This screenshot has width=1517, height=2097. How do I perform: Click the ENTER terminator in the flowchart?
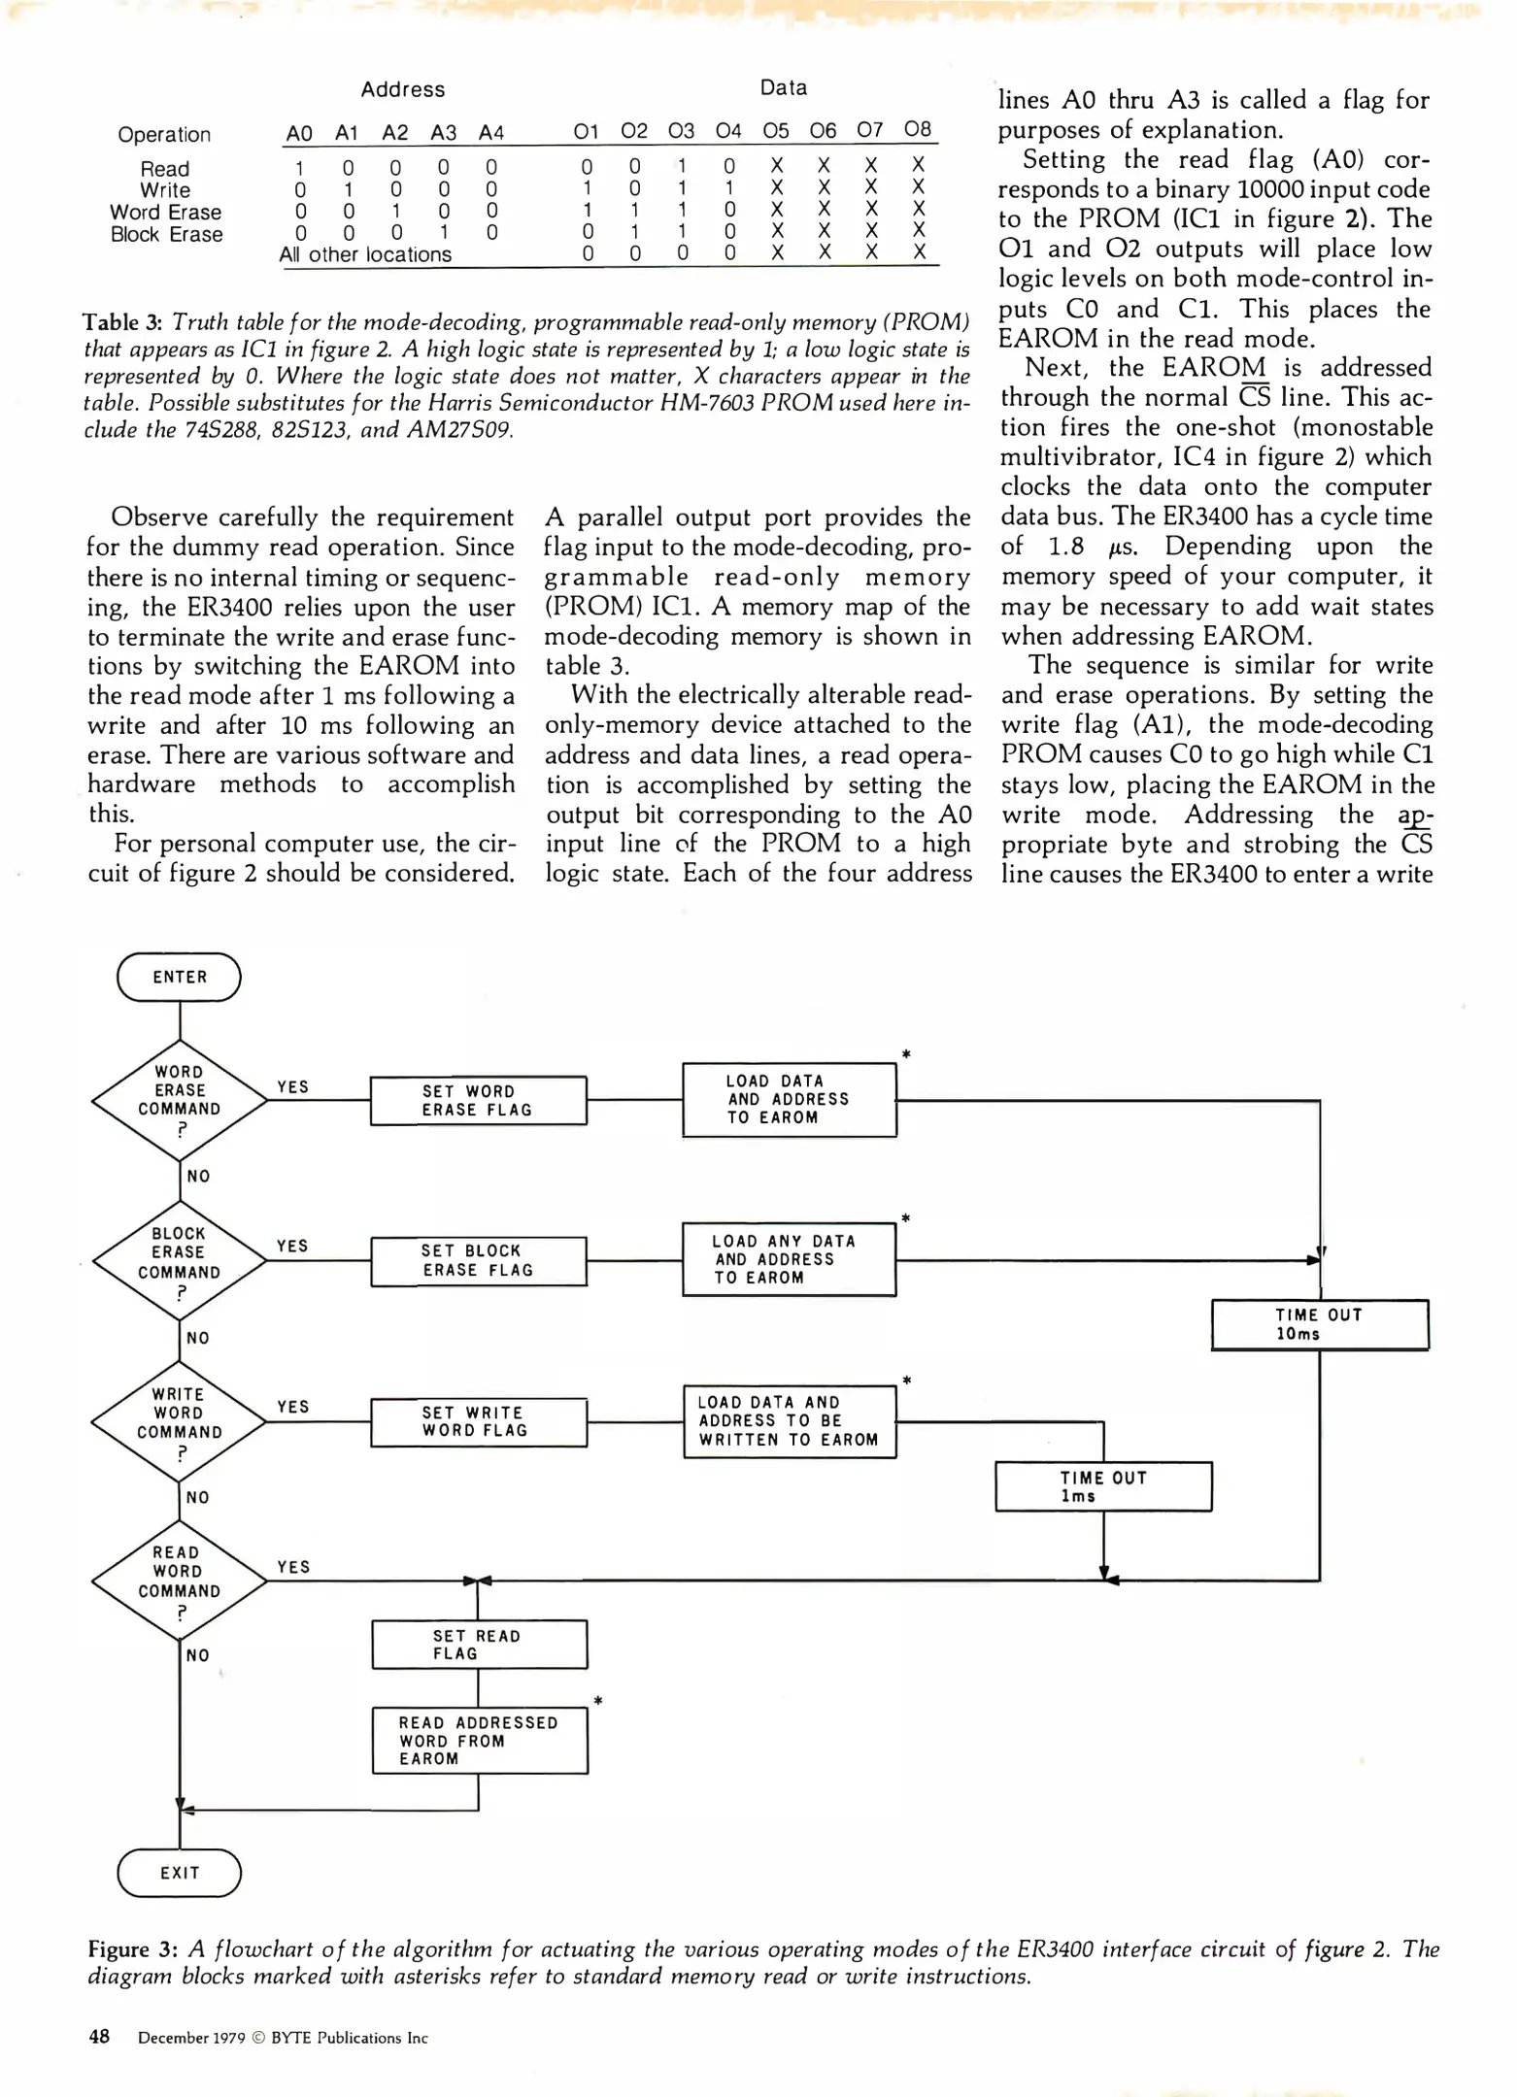coord(179,977)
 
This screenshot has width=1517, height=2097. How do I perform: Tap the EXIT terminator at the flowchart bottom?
coord(179,1873)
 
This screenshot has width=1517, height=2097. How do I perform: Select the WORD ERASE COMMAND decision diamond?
coord(180,1100)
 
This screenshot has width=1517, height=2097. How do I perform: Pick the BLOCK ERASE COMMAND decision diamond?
coord(180,1261)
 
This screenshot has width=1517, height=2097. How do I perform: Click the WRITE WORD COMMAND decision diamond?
coord(180,1422)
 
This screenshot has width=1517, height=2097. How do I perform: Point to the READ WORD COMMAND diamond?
coord(180,1581)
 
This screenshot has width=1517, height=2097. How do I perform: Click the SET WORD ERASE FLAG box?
coord(478,1101)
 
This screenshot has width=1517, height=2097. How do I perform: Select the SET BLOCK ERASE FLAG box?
coord(479,1261)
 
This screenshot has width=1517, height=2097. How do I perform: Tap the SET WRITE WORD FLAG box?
coord(479,1422)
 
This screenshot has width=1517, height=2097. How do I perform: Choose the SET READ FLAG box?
coord(480,1645)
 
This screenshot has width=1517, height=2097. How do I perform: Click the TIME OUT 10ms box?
coord(1320,1324)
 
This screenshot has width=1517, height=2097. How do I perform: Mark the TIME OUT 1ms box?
coord(1103,1486)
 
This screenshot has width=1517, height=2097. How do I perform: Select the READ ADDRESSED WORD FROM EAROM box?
coord(480,1741)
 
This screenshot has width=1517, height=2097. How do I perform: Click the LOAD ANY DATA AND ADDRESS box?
coord(789,1260)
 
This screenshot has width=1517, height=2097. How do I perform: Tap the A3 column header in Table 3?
coord(444,133)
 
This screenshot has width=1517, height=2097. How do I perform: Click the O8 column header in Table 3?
coord(917,129)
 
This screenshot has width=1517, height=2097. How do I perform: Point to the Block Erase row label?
coord(166,235)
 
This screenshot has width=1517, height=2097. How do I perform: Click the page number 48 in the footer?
coord(99,2037)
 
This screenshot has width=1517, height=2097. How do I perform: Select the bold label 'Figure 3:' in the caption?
coord(132,1949)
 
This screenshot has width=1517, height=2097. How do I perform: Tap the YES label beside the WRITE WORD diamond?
coord(292,1407)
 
